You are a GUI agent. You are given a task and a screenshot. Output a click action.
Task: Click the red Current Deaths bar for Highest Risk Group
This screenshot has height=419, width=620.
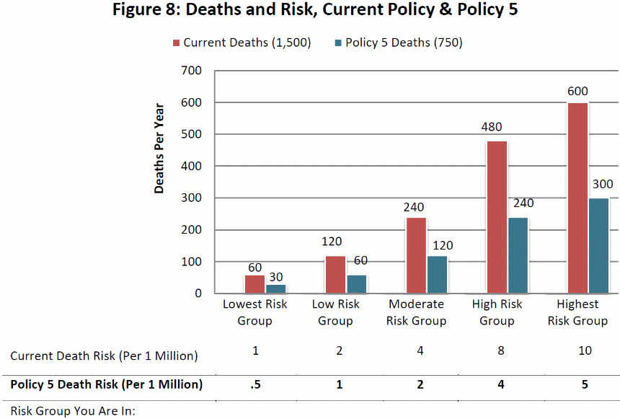point(577,198)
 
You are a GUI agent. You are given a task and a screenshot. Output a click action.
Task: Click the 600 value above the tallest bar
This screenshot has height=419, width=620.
point(577,91)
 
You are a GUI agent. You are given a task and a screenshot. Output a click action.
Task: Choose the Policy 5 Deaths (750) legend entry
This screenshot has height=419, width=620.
point(397,43)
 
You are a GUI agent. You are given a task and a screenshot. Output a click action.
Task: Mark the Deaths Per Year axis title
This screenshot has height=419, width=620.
point(159,149)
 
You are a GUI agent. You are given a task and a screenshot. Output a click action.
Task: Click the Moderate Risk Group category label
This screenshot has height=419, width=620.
point(416,312)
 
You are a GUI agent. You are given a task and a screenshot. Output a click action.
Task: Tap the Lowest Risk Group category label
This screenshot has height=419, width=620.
point(254,312)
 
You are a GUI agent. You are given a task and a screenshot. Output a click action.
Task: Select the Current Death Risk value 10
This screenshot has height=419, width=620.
point(585,351)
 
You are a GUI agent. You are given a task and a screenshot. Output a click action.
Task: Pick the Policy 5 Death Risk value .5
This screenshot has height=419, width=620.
point(254,384)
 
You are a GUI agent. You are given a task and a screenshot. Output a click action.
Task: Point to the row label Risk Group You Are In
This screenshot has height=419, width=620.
point(73,412)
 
